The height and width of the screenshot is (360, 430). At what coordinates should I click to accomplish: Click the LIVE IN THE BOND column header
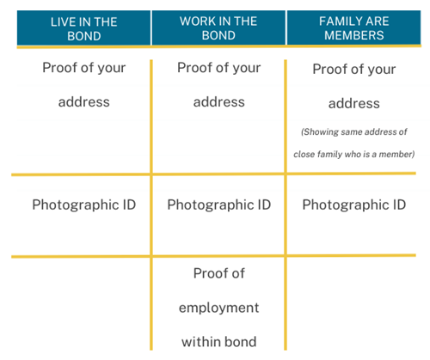point(83,28)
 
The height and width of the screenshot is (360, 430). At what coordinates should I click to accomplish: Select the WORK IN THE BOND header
point(218,28)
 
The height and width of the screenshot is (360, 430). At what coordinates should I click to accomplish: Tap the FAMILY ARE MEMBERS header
point(354,28)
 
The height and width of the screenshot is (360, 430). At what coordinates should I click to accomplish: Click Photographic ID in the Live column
point(84,205)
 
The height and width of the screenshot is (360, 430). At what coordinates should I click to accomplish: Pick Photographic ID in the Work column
point(219,205)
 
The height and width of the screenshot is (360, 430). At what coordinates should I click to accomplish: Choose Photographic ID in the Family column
point(354,205)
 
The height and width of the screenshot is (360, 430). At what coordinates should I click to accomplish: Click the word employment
point(219,308)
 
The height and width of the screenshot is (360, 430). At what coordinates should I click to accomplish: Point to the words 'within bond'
point(219,342)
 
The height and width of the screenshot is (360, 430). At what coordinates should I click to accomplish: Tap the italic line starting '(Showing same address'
point(354,131)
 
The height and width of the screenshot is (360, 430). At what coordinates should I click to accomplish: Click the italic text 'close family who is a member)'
point(354,154)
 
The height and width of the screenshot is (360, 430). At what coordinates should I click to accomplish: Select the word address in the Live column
point(84,102)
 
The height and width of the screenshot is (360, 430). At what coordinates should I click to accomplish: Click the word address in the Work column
point(219,102)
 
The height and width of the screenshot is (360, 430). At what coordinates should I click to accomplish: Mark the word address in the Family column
point(354,103)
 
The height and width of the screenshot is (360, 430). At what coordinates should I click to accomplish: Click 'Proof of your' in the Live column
point(84,68)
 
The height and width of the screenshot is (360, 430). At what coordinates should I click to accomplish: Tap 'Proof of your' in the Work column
point(219,68)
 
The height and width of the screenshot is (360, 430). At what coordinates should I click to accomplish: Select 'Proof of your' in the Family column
point(354,70)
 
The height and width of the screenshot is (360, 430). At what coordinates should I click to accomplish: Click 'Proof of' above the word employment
point(219,273)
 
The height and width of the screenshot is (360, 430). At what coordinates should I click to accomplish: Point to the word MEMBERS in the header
point(354,35)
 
